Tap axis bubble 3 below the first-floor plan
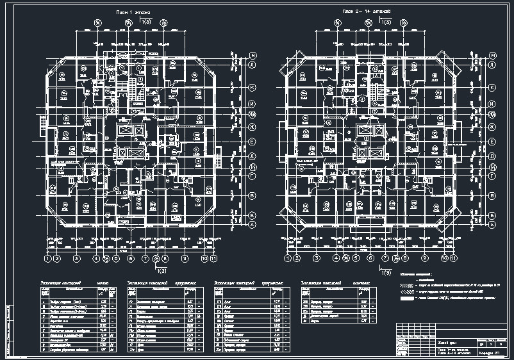point(76,259)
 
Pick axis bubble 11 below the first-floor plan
point(214,259)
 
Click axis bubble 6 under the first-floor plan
point(130,259)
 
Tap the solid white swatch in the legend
point(406,299)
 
